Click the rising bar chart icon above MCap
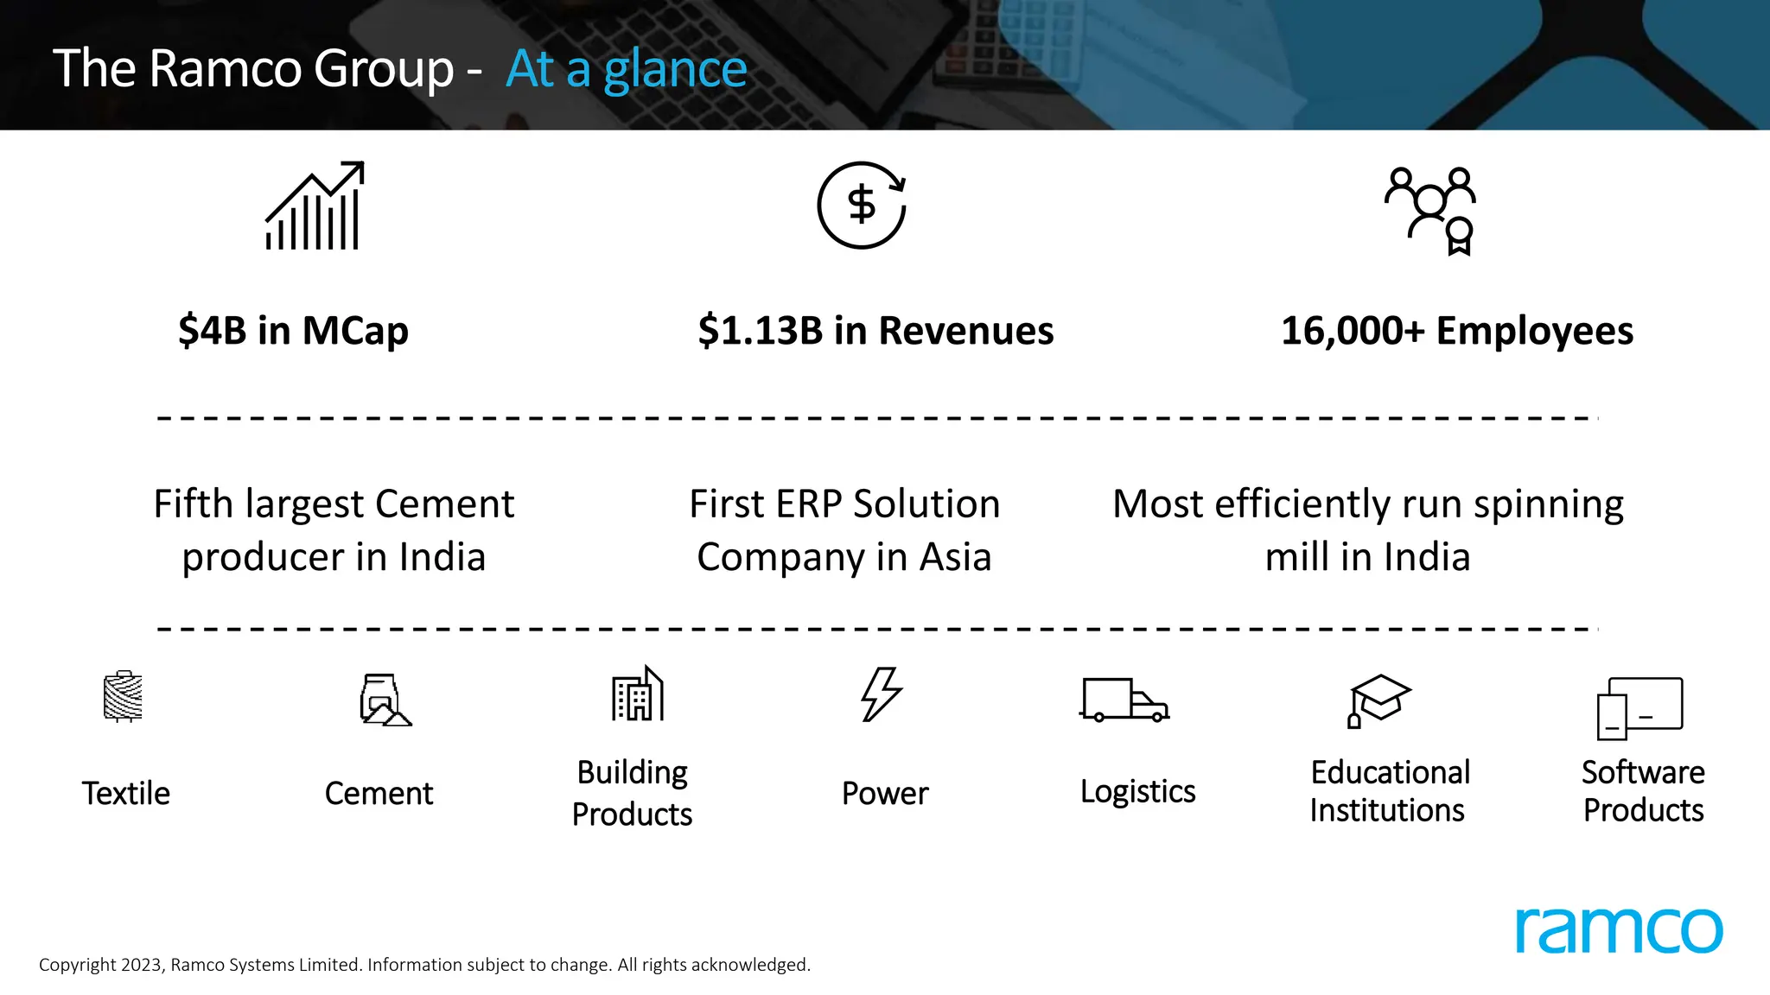(315, 206)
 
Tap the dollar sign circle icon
(862, 206)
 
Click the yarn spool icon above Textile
(123, 696)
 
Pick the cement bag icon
(384, 700)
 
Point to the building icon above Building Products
(638, 694)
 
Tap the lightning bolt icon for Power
(882, 694)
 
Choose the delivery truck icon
(1124, 700)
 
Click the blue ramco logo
(1619, 930)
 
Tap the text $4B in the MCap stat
(213, 331)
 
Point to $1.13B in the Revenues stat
(761, 331)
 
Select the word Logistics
(1137, 791)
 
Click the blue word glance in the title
(675, 69)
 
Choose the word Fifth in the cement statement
(194, 504)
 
